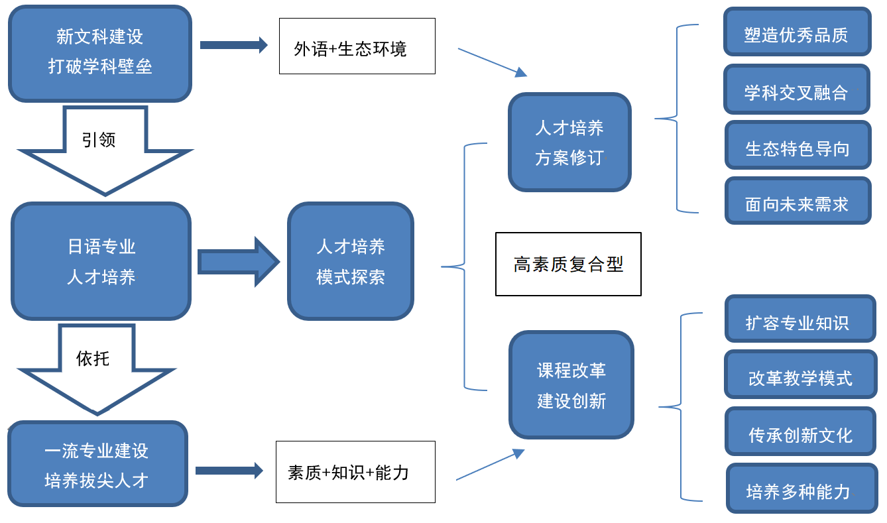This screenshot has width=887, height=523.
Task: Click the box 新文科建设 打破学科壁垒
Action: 99,53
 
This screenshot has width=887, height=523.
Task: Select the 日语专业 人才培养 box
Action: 101,261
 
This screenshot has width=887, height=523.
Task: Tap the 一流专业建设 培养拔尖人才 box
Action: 97,464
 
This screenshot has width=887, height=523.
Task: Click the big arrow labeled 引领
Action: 104,149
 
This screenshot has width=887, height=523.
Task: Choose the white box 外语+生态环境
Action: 357,46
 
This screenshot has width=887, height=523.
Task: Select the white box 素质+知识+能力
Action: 355,472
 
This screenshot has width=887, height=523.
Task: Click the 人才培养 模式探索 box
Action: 351,261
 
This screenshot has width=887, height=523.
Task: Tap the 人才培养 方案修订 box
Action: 569,143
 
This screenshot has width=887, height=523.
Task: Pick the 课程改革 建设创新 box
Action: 571,385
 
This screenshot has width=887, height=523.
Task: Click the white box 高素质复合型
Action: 568,264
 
